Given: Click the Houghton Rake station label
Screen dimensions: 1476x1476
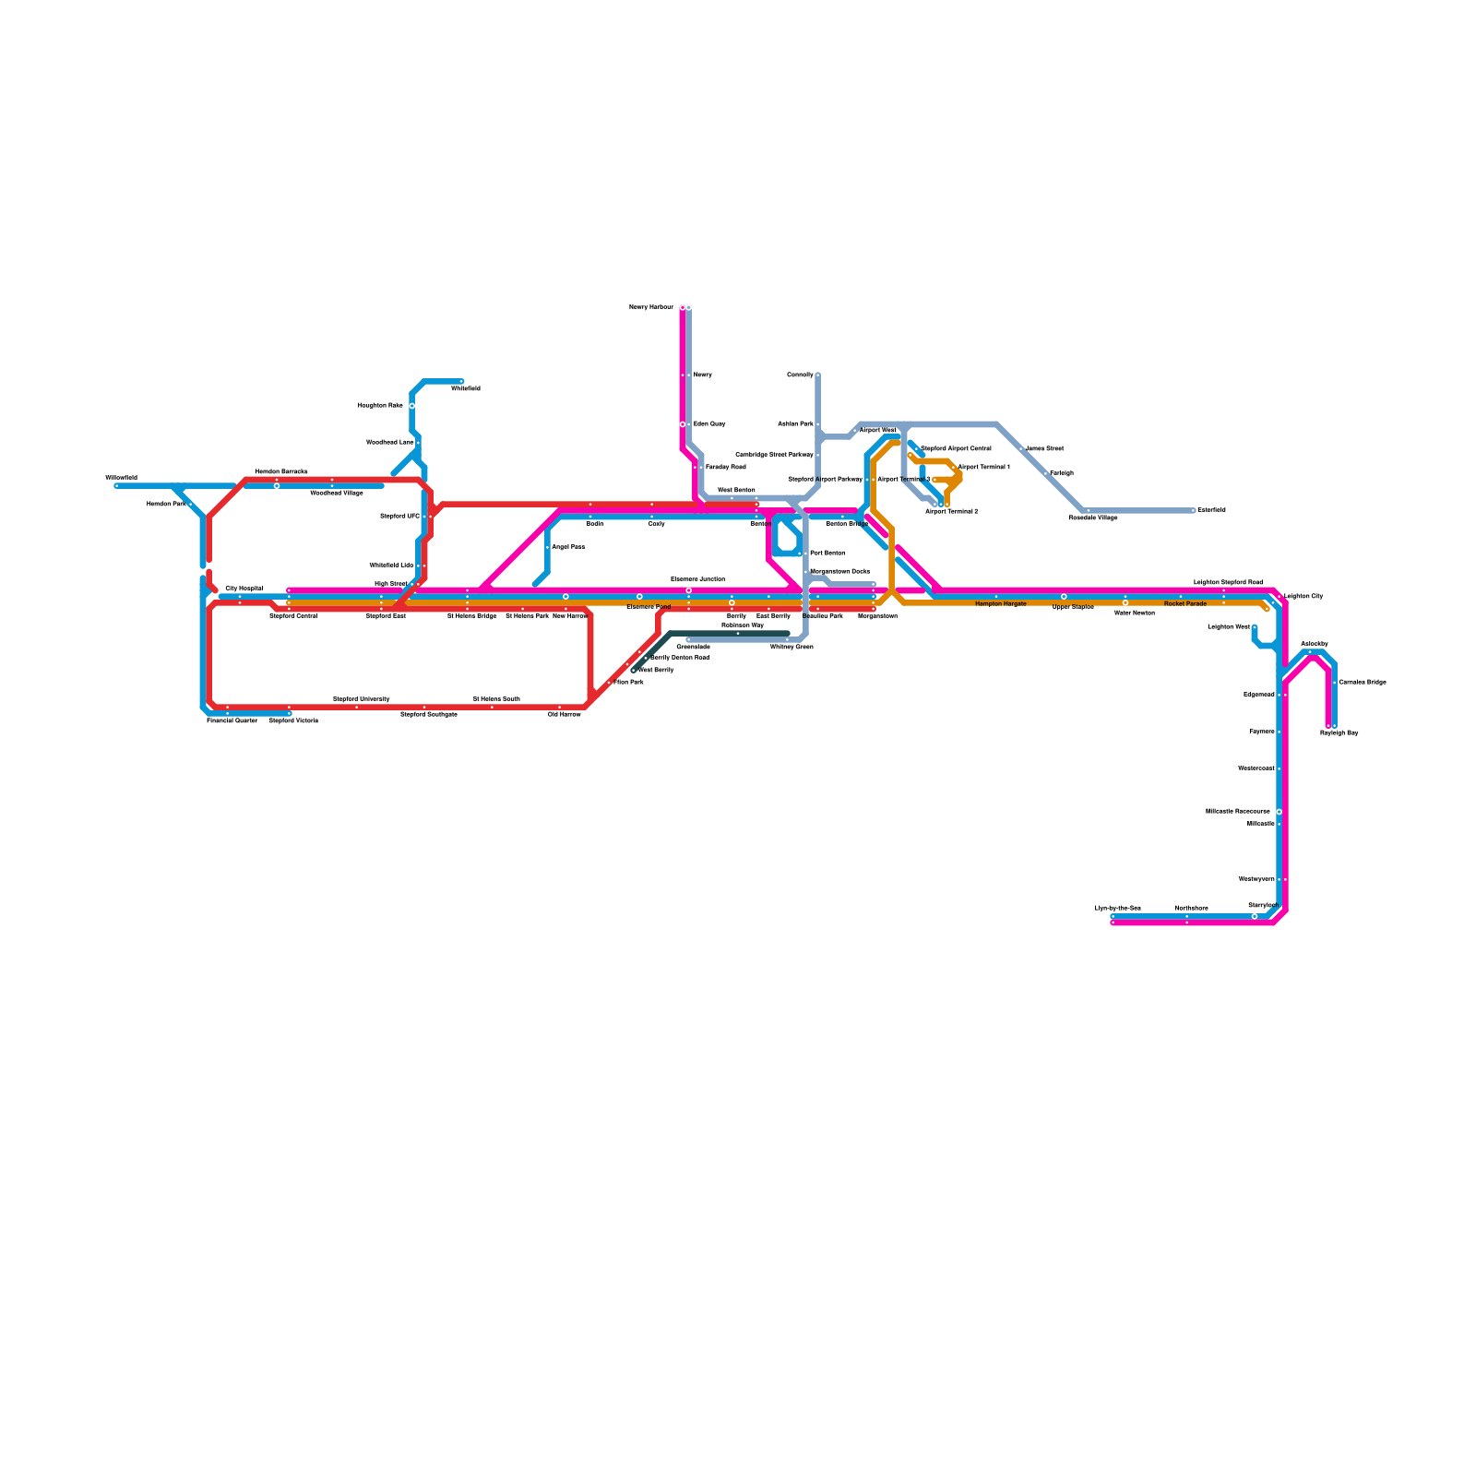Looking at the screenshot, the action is [x=380, y=405].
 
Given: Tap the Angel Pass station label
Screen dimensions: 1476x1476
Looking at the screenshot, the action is [x=568, y=547].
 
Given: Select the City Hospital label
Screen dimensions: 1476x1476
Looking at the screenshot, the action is [x=244, y=588].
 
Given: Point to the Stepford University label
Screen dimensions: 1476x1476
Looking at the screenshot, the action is [x=362, y=699].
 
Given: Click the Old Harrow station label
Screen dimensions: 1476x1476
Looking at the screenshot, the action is [x=565, y=714].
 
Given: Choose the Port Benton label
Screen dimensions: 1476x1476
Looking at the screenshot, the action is [x=827, y=553].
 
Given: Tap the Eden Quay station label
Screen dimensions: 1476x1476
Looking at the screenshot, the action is [x=709, y=423].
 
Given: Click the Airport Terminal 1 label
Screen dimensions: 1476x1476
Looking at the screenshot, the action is [x=984, y=467].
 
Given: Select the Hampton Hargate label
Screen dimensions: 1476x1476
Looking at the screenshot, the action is [x=1001, y=603].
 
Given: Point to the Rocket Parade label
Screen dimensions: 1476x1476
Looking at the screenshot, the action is [x=1185, y=603].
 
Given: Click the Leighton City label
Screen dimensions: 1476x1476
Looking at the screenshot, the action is [x=1303, y=596].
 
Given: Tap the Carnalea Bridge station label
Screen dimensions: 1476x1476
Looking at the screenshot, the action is [x=1363, y=682].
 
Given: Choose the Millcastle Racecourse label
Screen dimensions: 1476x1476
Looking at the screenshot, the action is [x=1238, y=811].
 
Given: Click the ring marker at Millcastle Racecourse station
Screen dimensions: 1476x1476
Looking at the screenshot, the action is [x=1280, y=812].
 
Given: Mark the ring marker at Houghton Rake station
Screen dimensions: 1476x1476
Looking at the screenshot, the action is [x=411, y=406].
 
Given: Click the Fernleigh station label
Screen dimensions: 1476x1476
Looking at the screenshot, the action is [x=1062, y=472].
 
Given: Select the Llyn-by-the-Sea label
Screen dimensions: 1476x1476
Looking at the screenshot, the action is [x=1118, y=908].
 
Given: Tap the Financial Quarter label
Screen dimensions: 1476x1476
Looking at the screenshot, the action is [x=232, y=720].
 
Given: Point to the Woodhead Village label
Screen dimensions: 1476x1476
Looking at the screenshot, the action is [x=337, y=493].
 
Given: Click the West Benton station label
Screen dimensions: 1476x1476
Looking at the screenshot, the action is [x=736, y=490].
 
